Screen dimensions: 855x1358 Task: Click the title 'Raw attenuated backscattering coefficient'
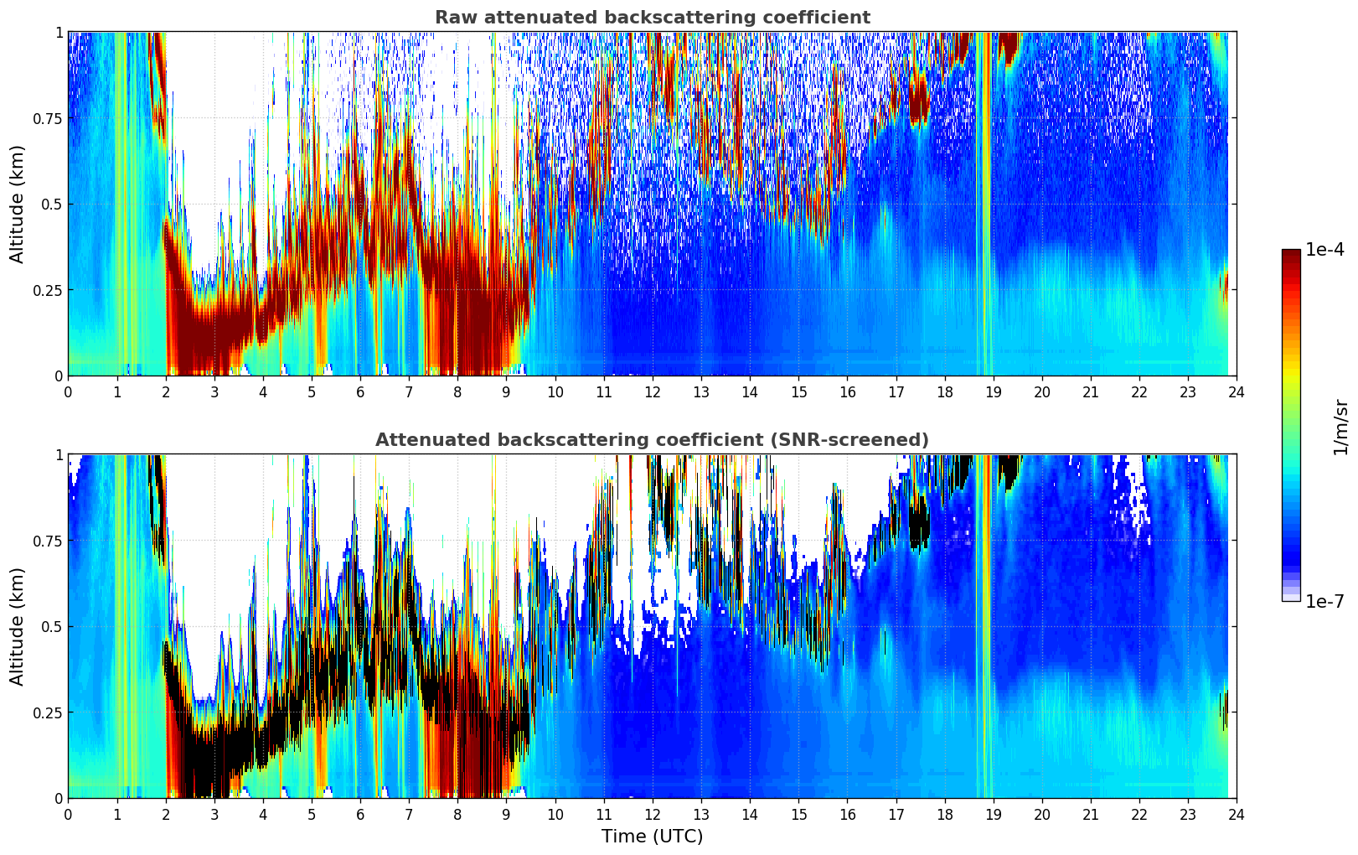pos(652,18)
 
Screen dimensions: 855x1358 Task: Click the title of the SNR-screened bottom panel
pos(652,440)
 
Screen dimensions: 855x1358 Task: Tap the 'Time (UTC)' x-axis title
pos(652,837)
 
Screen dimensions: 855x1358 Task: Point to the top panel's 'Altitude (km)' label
pos(18,204)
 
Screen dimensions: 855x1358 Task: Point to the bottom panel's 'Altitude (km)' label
pos(18,626)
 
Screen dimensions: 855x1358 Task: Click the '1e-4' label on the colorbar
pos(1324,250)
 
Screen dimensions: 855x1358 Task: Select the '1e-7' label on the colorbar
pos(1324,601)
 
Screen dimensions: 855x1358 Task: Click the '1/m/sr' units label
pos(1340,427)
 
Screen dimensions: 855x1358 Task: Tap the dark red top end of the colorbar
pos(1291,254)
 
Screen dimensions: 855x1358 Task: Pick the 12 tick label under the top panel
pos(653,391)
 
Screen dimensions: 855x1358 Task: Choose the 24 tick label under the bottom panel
pos(1237,814)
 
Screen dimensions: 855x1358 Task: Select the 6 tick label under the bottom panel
pos(360,814)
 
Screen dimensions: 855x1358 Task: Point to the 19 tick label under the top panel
pos(993,391)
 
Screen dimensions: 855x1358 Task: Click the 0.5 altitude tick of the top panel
pos(52,204)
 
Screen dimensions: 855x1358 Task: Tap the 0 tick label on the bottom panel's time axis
pos(68,814)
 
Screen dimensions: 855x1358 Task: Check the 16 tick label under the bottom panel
pos(847,814)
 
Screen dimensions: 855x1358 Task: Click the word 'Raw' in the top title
pos(452,18)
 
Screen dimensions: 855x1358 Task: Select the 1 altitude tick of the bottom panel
pos(59,454)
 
